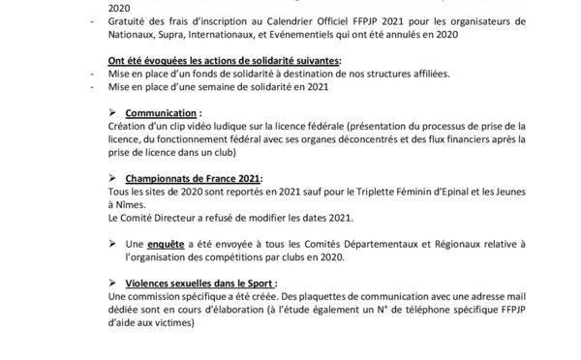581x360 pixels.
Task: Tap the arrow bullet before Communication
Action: click(x=114, y=112)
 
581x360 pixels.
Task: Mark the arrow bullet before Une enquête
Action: click(x=114, y=245)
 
